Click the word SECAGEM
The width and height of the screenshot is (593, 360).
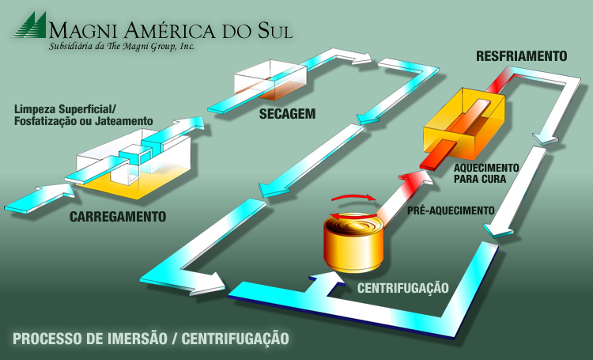(x=287, y=114)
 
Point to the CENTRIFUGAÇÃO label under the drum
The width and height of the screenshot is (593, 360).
(x=403, y=287)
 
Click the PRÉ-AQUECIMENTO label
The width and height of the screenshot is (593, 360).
(x=450, y=211)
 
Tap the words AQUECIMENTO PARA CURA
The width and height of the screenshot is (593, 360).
(x=486, y=172)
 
